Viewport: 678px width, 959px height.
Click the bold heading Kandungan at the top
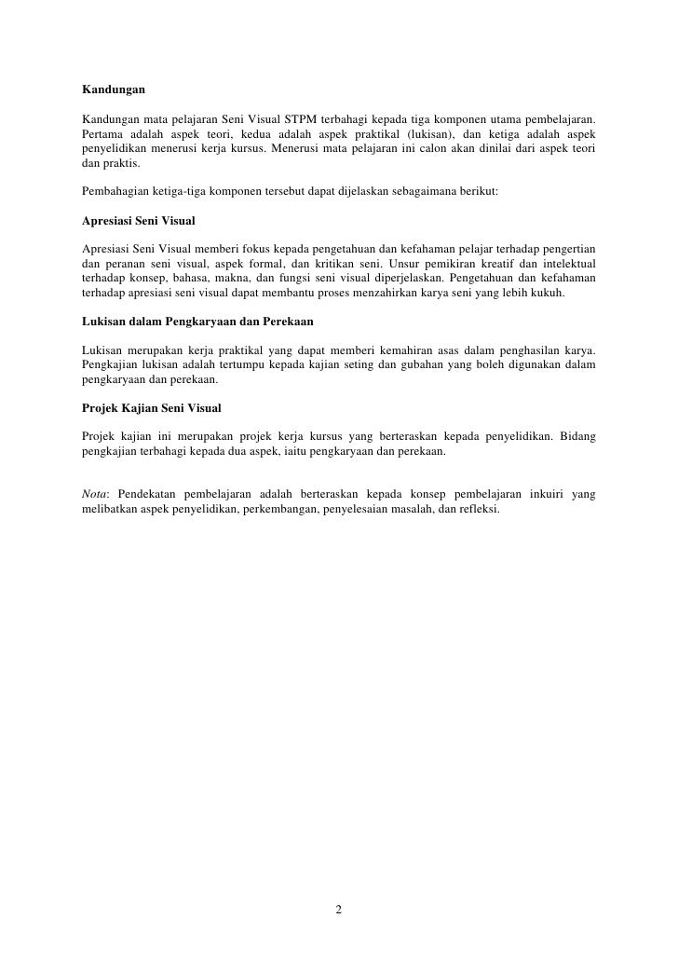pyautogui.click(x=114, y=91)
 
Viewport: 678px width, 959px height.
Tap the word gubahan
pyautogui.click(x=441, y=364)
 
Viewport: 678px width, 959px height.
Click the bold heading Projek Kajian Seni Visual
pyautogui.click(x=151, y=408)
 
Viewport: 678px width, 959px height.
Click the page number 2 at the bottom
pyautogui.click(x=339, y=910)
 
